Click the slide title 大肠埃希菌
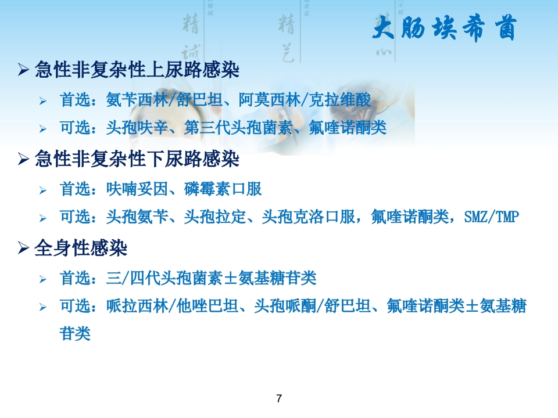(443, 28)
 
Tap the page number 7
(279, 398)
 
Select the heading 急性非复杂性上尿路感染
(137, 70)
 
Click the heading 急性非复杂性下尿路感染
(137, 158)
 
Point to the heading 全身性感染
(81, 248)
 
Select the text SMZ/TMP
(492, 218)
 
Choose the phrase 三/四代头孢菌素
(168, 278)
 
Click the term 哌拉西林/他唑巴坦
(173, 306)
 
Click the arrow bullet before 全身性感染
(23, 249)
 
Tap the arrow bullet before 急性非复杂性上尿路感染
(23, 71)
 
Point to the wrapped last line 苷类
(75, 334)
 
